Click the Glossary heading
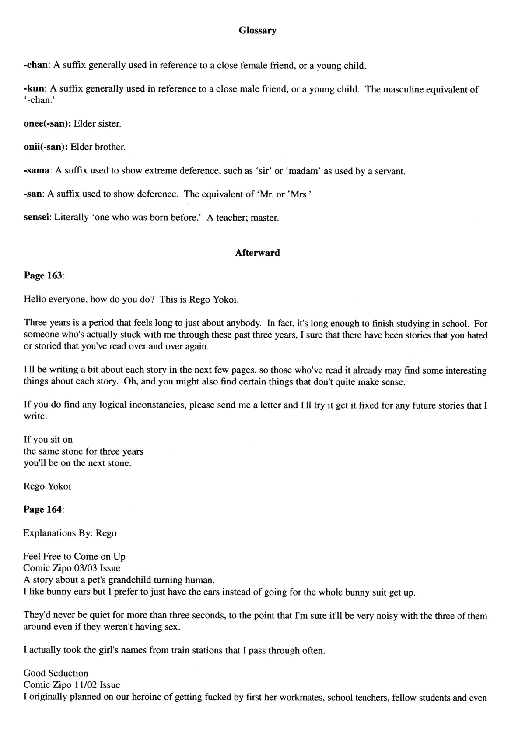click(x=257, y=31)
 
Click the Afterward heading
click(x=257, y=253)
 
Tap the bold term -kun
click(x=33, y=89)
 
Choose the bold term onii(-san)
click(x=45, y=147)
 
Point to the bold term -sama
click(x=36, y=171)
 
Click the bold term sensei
click(x=37, y=218)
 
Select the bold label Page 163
click(x=43, y=276)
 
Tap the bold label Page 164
click(x=43, y=510)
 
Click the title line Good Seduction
click(x=56, y=673)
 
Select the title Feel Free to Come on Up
click(x=74, y=557)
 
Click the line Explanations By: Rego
click(x=70, y=533)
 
